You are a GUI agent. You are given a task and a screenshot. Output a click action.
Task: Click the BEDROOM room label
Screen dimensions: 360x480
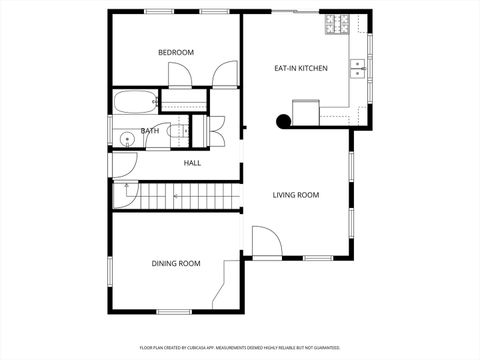pos(176,52)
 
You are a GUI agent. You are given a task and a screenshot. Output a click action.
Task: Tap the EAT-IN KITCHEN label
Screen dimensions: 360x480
pos(301,68)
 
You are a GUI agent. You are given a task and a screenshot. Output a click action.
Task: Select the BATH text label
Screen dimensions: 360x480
pos(149,131)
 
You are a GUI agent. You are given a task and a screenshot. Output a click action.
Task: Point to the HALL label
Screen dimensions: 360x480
pos(192,162)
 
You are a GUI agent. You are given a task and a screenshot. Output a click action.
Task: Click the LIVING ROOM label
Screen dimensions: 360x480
pos(296,195)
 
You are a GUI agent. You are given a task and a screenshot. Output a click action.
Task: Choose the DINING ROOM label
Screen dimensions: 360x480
pos(176,264)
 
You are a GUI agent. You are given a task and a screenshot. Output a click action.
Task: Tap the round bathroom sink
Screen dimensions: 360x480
pos(127,139)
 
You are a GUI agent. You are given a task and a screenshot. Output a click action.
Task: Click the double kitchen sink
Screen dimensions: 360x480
pos(356,68)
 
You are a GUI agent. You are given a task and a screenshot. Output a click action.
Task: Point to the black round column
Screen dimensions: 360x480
pos(283,122)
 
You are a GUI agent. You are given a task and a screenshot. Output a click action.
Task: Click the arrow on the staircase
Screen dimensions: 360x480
pos(176,196)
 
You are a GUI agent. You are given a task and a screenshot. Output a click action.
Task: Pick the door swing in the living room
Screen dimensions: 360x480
pos(264,241)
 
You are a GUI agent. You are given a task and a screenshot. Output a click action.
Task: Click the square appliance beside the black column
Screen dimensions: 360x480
pos(304,110)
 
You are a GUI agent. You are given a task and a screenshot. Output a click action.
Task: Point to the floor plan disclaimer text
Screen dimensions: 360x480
pos(240,347)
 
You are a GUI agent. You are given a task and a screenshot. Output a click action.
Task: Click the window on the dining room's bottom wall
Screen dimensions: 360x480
pos(174,311)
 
